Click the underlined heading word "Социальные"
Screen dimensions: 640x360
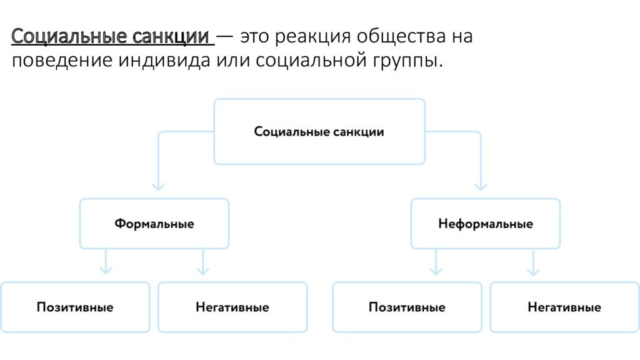[69, 36]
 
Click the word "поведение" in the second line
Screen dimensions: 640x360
[62, 61]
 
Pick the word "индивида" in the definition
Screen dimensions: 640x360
[164, 60]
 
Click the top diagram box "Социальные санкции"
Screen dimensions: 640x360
[319, 131]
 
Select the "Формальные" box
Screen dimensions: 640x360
[154, 224]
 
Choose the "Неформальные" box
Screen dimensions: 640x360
[485, 224]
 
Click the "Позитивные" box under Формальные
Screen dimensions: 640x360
[75, 307]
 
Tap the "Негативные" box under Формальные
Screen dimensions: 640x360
[232, 307]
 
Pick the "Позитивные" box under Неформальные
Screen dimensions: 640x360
[407, 307]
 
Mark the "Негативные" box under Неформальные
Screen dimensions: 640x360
[564, 307]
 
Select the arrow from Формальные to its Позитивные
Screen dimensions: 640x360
[106, 262]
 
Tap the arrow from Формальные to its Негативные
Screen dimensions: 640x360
[203, 262]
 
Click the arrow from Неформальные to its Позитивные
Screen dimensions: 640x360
[436, 262]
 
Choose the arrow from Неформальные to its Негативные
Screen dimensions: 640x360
[533, 262]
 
